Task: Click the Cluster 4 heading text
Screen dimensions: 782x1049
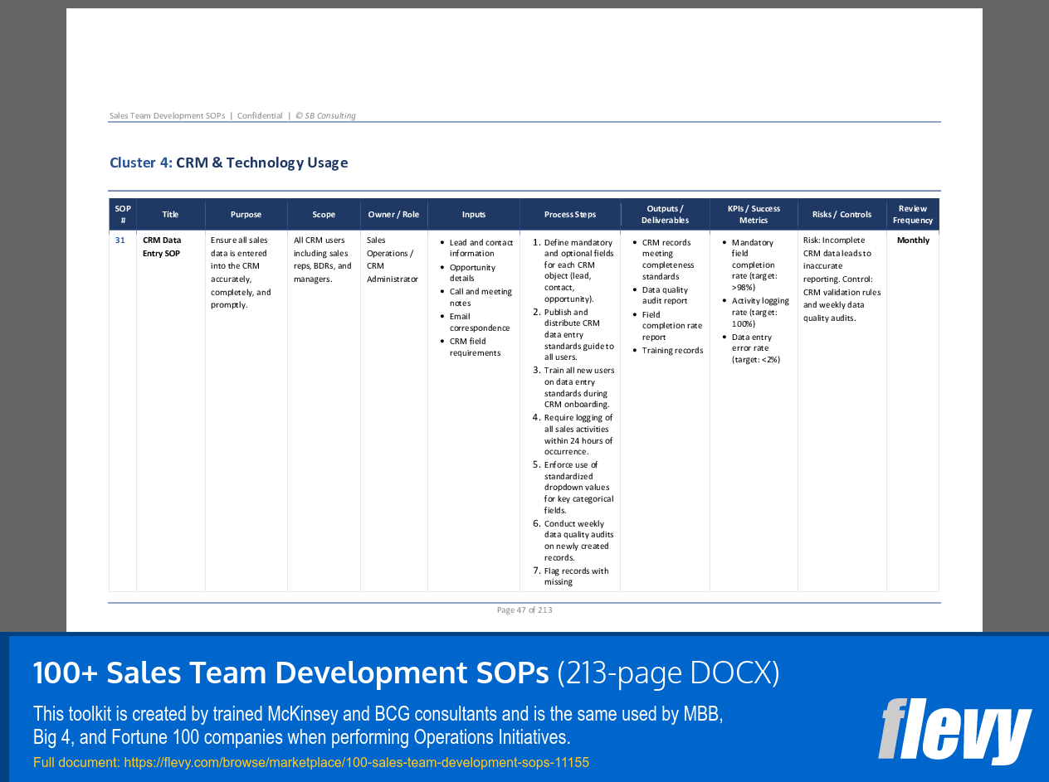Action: [x=228, y=163]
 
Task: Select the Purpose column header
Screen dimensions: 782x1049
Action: [x=246, y=215]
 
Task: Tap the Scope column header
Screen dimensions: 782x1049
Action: [x=324, y=215]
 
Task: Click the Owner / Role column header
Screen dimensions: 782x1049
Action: [x=393, y=215]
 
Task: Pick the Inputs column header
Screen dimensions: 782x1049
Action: [x=474, y=215]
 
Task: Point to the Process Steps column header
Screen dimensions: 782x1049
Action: [x=570, y=215]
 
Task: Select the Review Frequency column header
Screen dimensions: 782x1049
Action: [x=913, y=215]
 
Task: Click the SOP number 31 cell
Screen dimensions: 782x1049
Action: [x=120, y=240]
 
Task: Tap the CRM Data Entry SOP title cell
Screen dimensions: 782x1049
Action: [x=162, y=247]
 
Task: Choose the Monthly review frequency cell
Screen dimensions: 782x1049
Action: [x=913, y=240]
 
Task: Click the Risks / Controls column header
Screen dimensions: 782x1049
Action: [x=842, y=215]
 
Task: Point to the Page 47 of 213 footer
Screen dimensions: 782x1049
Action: [x=524, y=610]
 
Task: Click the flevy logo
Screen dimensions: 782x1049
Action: [x=954, y=731]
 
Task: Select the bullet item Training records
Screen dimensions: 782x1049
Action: [x=672, y=351]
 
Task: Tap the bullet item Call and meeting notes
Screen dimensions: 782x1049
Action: [x=481, y=298]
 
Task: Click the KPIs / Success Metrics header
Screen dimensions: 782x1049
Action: [x=754, y=215]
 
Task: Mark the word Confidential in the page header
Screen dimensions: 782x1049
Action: [x=260, y=116]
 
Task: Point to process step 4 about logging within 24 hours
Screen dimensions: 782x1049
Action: [x=578, y=435]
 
